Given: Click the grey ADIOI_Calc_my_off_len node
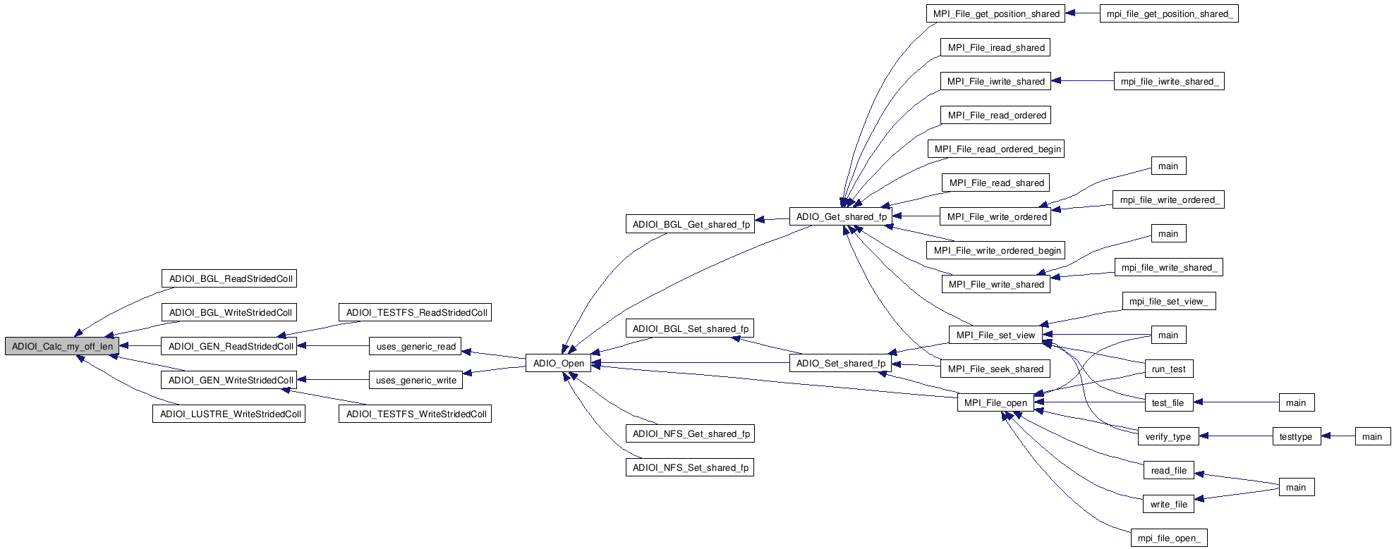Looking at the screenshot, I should tap(62, 346).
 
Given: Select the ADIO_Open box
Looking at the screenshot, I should tap(558, 363).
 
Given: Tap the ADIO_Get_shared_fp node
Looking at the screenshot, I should tap(841, 216).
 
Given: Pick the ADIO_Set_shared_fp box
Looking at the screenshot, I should tap(840, 363).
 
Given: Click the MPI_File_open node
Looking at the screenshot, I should tap(995, 402).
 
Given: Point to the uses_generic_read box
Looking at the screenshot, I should tap(416, 346).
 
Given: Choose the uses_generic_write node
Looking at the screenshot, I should tap(416, 380).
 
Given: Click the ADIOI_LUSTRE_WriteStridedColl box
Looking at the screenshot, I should tap(229, 414).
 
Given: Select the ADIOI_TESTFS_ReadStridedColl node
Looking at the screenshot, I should tap(416, 312).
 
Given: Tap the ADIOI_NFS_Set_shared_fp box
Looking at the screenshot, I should tap(690, 467).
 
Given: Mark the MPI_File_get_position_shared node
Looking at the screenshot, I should tap(995, 13).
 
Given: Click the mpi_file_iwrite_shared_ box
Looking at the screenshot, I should tap(1169, 81).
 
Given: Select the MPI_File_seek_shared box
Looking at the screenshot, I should tap(995, 369).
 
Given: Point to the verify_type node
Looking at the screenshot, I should tap(1168, 436).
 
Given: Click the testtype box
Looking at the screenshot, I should tap(1295, 436).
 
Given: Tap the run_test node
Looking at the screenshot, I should tap(1168, 369).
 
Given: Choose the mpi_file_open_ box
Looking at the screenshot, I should tap(1168, 538).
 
